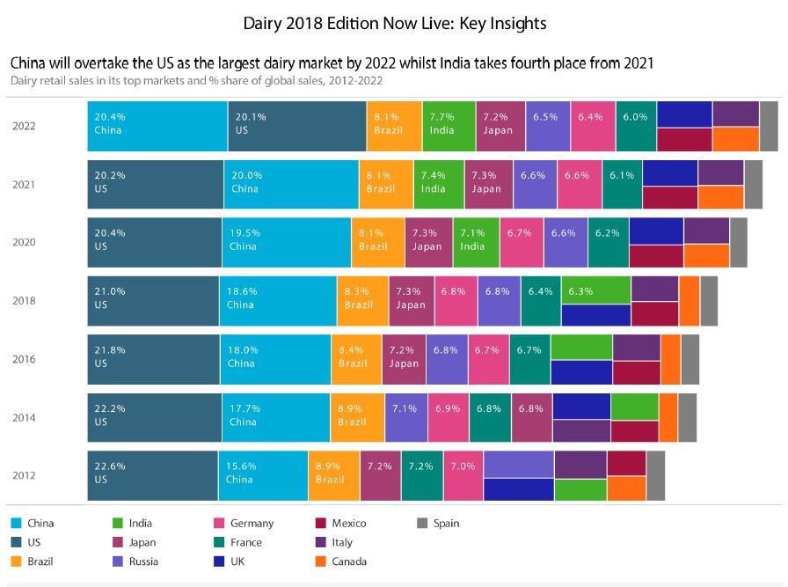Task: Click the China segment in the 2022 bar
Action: click(157, 126)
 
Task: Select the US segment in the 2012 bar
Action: click(152, 475)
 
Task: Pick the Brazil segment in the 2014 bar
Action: click(357, 417)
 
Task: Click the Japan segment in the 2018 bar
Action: click(411, 300)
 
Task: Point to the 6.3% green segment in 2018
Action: click(595, 290)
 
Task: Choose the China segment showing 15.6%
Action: click(262, 475)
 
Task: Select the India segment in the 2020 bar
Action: click(476, 242)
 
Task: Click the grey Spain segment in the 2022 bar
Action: click(769, 126)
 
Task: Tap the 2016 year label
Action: click(24, 359)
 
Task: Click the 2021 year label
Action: click(24, 184)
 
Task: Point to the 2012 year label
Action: click(24, 475)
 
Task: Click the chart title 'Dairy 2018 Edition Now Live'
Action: click(394, 23)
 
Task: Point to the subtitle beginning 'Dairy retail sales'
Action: click(196, 80)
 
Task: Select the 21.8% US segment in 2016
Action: click(153, 359)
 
